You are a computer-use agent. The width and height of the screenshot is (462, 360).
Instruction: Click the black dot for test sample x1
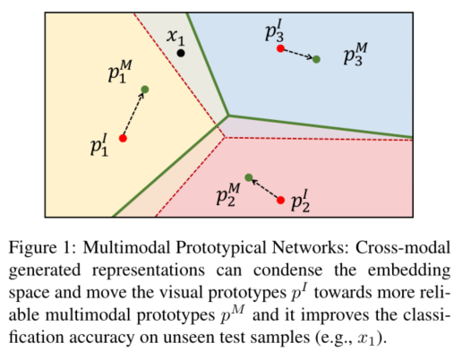pyautogui.click(x=181, y=54)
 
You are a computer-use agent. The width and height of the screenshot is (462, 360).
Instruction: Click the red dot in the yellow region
pyautogui.click(x=123, y=138)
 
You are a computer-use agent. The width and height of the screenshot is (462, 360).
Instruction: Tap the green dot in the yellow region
pyautogui.click(x=145, y=89)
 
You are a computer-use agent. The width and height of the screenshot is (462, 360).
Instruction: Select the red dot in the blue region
pyautogui.click(x=280, y=48)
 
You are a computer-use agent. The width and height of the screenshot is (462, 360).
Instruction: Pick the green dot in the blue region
pyautogui.click(x=316, y=59)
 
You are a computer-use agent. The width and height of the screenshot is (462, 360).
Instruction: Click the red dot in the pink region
pyautogui.click(x=281, y=199)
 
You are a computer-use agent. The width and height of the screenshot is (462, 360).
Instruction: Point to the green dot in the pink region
pyautogui.click(x=249, y=177)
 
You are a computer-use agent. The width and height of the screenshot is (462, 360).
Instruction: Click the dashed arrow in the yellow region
pyautogui.click(x=134, y=113)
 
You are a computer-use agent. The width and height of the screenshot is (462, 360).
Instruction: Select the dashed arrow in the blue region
pyautogui.click(x=298, y=54)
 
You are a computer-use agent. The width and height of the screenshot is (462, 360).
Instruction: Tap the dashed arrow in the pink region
pyautogui.click(x=265, y=188)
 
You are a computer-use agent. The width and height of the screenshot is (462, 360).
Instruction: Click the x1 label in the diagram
pyautogui.click(x=175, y=37)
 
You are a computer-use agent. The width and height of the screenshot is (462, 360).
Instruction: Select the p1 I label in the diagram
pyautogui.click(x=100, y=145)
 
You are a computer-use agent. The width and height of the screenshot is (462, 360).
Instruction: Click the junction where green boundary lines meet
pyautogui.click(x=229, y=116)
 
